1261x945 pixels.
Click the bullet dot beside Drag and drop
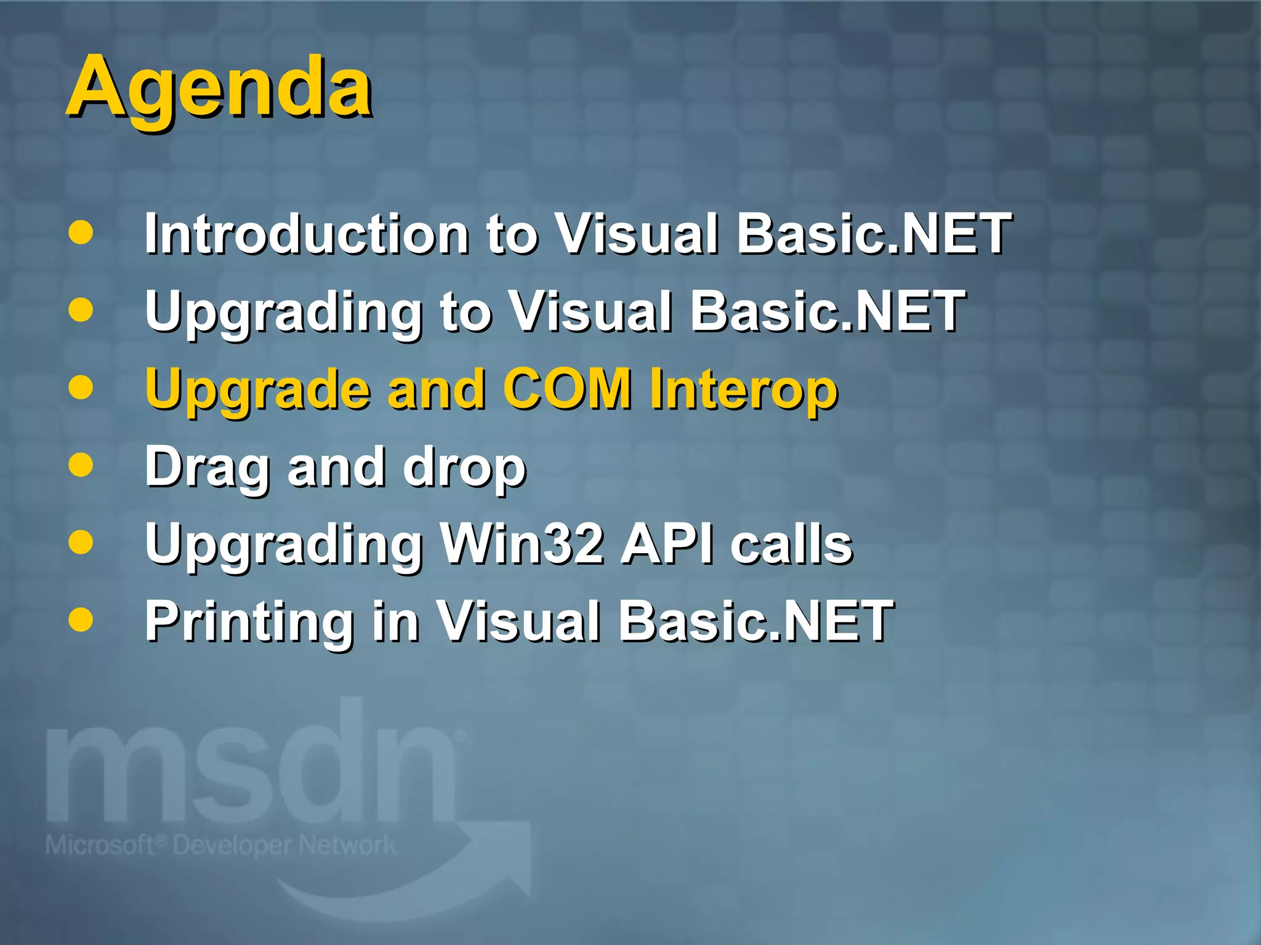(x=81, y=465)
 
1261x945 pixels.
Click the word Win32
(x=521, y=544)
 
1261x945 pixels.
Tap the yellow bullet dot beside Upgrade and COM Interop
(x=81, y=388)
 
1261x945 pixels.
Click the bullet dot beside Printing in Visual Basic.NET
(x=81, y=620)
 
